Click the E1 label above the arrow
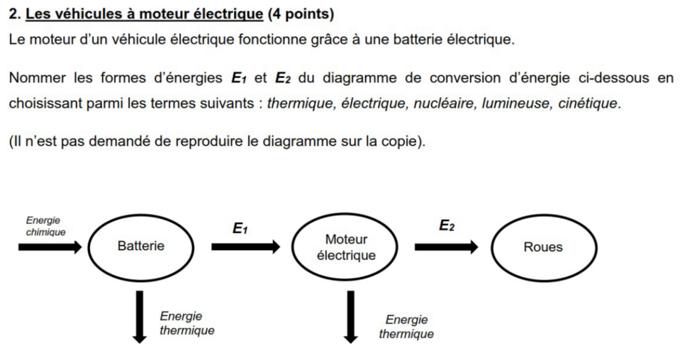[240, 228]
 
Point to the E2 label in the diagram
[447, 225]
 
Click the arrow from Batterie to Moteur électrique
[245, 247]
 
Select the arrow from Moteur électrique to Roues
[447, 247]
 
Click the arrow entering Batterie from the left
[50, 247]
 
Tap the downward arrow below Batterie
[140, 317]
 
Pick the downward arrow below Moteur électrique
[350, 317]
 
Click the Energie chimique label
[45, 226]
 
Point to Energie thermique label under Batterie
[187, 323]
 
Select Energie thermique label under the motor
[406, 327]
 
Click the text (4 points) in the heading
[301, 14]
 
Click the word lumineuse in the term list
[516, 103]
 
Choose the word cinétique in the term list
[588, 103]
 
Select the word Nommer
[38, 78]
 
